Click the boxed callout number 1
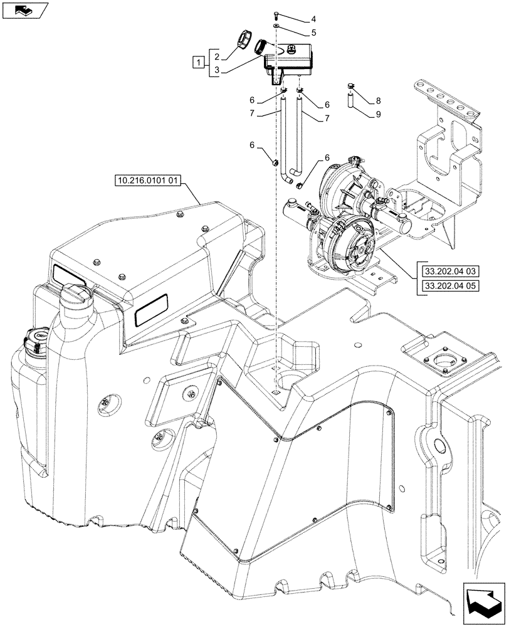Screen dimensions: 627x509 click(199, 62)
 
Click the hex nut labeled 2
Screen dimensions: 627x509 click(243, 41)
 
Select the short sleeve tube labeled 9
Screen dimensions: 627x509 click(351, 99)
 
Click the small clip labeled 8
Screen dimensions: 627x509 click(351, 86)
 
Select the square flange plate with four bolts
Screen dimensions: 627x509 click(444, 362)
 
